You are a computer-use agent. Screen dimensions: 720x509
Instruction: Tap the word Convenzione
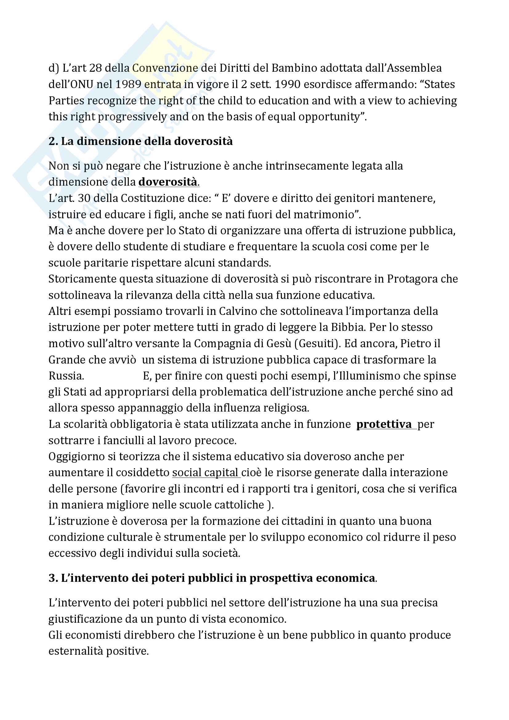click(165, 68)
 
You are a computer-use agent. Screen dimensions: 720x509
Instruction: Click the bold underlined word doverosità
click(168, 182)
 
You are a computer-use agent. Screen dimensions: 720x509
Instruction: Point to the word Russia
click(66, 376)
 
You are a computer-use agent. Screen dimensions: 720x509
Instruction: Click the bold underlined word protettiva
click(384, 424)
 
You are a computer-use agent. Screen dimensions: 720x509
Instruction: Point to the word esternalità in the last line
click(75, 651)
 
